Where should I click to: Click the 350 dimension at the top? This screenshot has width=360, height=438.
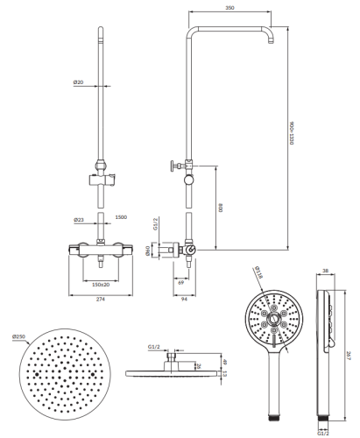(x=229, y=8)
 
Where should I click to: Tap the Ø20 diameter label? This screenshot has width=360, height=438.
(x=78, y=82)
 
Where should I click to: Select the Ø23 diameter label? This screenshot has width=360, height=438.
(x=79, y=220)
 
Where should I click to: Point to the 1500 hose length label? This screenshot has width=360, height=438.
(x=121, y=217)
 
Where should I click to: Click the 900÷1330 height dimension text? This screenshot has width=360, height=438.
(x=291, y=133)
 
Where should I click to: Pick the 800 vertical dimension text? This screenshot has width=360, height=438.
(x=221, y=208)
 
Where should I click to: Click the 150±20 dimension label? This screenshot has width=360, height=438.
(x=101, y=285)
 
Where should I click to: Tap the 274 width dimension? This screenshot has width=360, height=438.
(x=100, y=299)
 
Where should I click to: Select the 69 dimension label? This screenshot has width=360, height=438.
(x=181, y=283)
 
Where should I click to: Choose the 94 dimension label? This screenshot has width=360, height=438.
(x=184, y=299)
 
